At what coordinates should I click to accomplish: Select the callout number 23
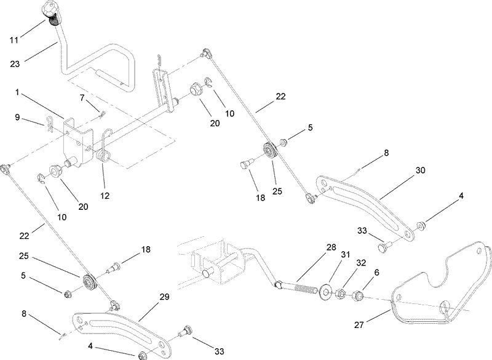[15, 62]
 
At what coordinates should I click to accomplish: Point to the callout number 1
[18, 92]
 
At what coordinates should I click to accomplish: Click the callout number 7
[82, 97]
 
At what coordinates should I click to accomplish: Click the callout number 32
[361, 262]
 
